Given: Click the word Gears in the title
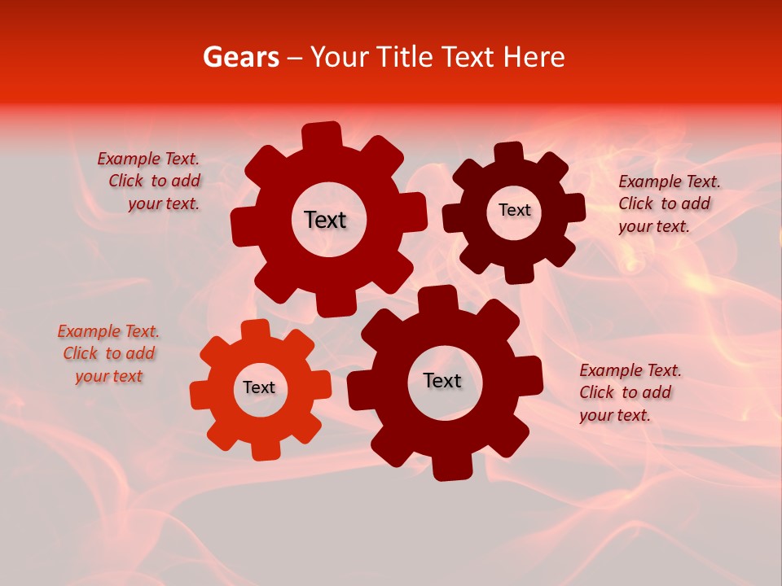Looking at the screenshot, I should pos(240,57).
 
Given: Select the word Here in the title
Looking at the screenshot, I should pos(534,57).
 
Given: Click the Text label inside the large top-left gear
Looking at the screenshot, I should pos(325,220).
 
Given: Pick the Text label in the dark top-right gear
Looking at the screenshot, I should pos(514,210).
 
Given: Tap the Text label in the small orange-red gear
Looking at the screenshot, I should pos(258,387).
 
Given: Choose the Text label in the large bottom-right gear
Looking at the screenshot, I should pos(442,380).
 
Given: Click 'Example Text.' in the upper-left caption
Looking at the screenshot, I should pos(148,160).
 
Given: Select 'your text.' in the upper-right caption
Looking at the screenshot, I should pos(654,226).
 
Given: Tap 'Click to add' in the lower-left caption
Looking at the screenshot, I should pos(109,353).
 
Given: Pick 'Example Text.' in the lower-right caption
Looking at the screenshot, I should pos(630,370).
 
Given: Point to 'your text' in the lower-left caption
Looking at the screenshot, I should pos(108,376).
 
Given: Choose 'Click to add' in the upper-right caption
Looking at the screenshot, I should pos(664,203).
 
